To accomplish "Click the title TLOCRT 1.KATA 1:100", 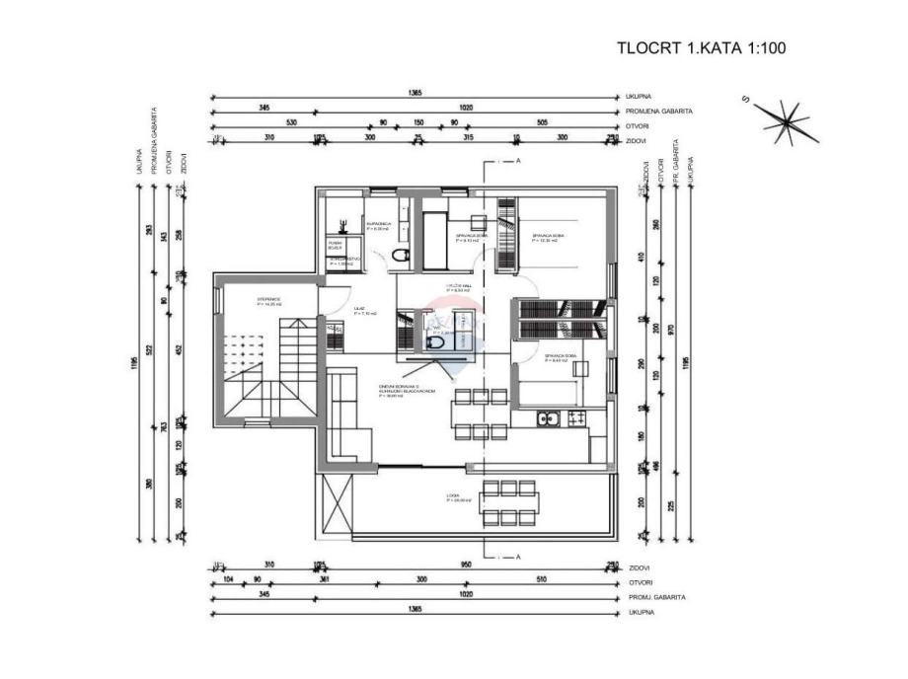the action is coord(701,47).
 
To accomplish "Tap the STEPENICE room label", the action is coord(269,301).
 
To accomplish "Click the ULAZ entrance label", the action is coord(360,310).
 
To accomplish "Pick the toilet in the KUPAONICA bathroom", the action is coord(399,257).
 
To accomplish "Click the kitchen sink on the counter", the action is coord(547,419).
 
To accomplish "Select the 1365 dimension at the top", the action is coord(415,93).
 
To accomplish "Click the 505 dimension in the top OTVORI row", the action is coord(542,124).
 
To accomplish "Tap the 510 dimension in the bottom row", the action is coord(541,582).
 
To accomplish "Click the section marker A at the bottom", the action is coord(517,557).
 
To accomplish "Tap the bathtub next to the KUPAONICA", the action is coord(432,240).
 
